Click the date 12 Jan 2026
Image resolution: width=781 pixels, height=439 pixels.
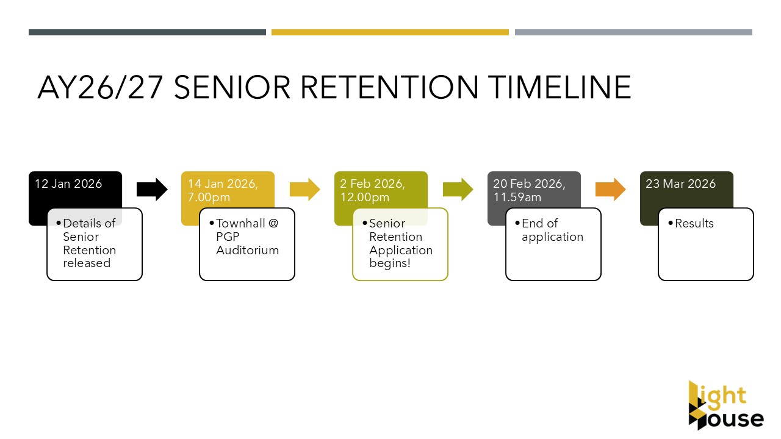pos(68,184)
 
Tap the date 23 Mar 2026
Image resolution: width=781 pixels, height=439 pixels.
pos(681,184)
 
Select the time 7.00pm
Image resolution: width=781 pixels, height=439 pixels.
pos(208,197)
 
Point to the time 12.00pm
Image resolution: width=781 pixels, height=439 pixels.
pos(365,197)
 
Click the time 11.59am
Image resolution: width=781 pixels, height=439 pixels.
pos(517,197)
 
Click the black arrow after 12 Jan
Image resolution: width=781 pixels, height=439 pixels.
pos(152,190)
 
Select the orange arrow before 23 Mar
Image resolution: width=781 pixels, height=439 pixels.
pos(610,190)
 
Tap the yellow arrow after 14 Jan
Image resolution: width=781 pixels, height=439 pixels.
pos(304,190)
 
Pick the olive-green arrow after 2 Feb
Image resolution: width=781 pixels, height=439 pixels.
pos(458,190)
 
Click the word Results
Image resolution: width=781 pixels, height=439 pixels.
pos(694,223)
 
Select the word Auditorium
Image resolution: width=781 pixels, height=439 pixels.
pos(247,250)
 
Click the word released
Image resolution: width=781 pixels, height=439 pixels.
pos(87,263)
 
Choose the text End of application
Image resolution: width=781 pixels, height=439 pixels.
pos(552,230)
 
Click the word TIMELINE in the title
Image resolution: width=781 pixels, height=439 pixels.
pos(563,87)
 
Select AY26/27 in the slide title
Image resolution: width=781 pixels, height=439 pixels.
pos(100,87)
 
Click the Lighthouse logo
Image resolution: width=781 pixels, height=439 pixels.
pos(725,405)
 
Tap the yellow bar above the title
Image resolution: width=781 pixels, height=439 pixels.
pos(390,32)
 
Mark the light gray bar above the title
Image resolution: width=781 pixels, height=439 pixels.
pos(633,32)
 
